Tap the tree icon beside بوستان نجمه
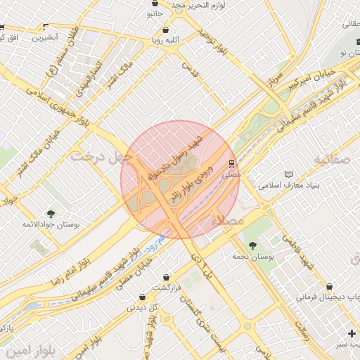tap(253, 246)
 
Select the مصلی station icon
tap(230, 163)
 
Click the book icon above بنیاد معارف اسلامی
tap(288, 174)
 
